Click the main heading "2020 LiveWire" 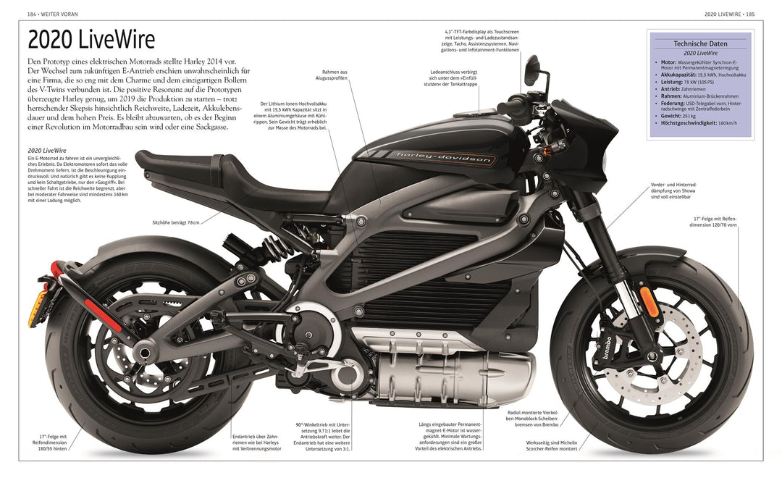91,41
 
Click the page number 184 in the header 32,14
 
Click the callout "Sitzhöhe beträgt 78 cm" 175,222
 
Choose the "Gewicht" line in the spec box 678,114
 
